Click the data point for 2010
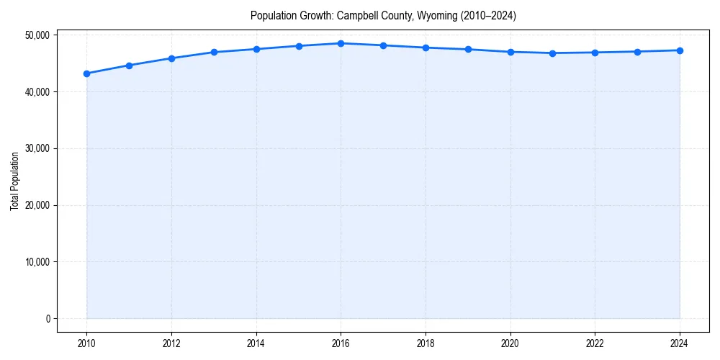86,73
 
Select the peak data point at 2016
341,43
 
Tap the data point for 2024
680,50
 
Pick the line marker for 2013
214,52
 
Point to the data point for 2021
552,53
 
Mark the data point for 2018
426,48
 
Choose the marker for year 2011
129,66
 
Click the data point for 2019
468,50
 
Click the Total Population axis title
14,181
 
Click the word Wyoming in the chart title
437,15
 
